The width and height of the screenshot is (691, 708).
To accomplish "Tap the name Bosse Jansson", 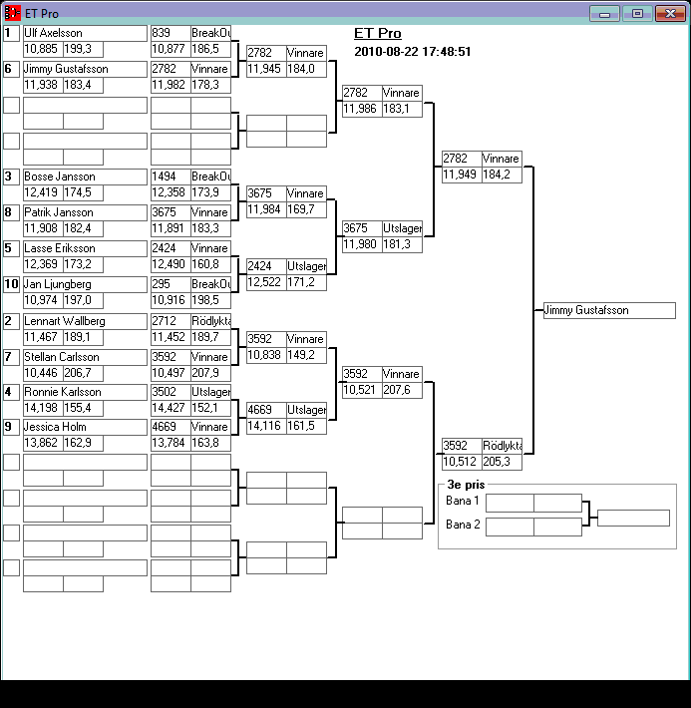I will [x=59, y=177].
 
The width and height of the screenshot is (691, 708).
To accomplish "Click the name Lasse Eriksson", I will [x=59, y=248].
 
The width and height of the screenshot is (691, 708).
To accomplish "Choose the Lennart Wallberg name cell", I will [x=64, y=321].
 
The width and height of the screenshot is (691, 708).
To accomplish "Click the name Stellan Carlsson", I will [x=61, y=357].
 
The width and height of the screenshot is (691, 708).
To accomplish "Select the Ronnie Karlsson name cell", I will [x=62, y=393].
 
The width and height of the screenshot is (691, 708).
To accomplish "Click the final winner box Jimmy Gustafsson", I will [x=608, y=311].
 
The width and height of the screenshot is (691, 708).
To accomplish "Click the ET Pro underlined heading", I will [x=378, y=34].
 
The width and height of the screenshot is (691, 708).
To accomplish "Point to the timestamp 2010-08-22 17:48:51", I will [x=412, y=52].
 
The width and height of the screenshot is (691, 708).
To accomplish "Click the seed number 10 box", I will [x=11, y=284].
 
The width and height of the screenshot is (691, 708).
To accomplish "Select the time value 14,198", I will [x=42, y=408].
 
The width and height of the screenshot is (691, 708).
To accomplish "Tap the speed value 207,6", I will [x=400, y=390].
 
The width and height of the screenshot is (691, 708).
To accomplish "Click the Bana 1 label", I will [x=463, y=501].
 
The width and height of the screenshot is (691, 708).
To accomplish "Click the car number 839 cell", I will [x=170, y=33].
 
